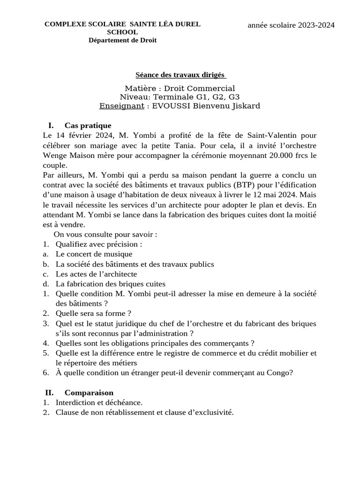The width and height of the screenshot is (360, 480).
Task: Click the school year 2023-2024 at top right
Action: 291,25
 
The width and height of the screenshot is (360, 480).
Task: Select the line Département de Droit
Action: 122,40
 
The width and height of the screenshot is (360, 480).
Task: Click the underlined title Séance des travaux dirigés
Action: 180,75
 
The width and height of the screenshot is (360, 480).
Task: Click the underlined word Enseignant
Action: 121,106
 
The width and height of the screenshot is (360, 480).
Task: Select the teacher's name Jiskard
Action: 244,106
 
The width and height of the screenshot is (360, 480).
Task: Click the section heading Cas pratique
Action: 88,126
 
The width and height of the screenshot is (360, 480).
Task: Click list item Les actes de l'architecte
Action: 96,274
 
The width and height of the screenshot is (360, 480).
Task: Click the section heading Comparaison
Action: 89,392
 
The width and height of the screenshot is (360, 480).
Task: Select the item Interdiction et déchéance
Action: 99,402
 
